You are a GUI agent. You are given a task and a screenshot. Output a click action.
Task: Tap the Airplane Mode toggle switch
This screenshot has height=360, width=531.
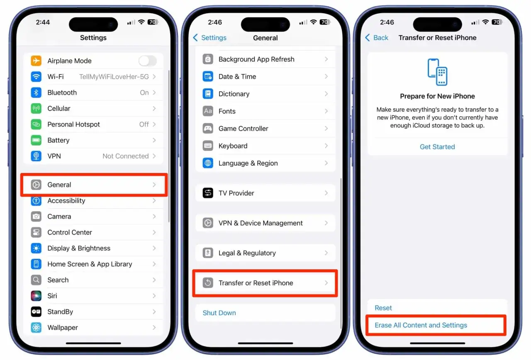coord(147,61)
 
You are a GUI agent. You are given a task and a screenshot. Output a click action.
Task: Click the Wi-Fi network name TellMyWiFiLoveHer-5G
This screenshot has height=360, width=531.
coord(114,77)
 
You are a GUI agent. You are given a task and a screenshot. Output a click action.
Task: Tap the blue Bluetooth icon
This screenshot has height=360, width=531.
coord(36,92)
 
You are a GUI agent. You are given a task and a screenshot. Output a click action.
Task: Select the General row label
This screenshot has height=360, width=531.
coord(59,185)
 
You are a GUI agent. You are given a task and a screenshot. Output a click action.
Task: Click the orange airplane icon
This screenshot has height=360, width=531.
coord(36,61)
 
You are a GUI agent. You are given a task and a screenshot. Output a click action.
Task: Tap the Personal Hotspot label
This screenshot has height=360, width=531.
coord(73,124)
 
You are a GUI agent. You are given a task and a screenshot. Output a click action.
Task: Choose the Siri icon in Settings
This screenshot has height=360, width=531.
coord(36,296)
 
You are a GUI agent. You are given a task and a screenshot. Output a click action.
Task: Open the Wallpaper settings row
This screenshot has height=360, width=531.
coord(93,328)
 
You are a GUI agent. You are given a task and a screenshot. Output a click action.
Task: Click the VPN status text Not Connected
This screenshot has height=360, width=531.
coord(125,156)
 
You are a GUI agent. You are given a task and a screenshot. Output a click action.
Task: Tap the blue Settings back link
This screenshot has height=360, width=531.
coord(210,38)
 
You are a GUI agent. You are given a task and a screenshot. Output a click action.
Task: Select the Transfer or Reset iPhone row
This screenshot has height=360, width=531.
coord(265,283)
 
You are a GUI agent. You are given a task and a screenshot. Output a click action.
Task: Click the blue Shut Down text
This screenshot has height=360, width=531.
coord(219,313)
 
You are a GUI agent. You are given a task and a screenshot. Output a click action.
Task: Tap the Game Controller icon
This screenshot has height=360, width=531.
coord(208,129)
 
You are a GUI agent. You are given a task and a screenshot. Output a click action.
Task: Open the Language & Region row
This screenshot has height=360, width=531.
coord(265,163)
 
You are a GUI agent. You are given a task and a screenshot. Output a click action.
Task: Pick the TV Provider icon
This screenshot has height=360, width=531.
coord(208,193)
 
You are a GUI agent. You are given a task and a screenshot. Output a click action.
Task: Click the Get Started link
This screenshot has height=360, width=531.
coord(437,147)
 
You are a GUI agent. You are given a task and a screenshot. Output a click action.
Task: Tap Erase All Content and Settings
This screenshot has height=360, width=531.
coord(421,325)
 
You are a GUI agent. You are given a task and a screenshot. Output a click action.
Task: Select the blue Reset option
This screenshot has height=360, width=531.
coord(383,308)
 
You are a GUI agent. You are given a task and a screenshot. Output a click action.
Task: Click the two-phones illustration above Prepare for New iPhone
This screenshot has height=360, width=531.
coord(437,72)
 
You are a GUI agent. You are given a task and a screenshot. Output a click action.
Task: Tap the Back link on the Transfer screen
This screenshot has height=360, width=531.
coord(377,38)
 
